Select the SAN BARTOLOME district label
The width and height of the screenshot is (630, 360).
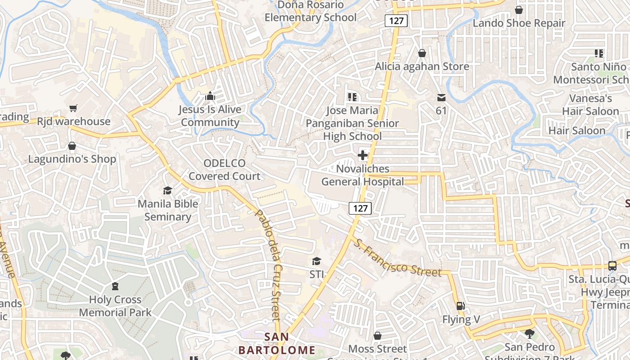277,343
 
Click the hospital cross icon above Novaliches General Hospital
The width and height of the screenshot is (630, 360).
362,156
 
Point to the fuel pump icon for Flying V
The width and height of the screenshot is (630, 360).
461,306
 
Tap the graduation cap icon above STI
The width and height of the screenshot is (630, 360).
317,261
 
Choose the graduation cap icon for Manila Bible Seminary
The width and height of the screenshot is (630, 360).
168,190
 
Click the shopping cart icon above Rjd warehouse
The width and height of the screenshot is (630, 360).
73,108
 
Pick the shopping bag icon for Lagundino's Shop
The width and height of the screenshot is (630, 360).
72,146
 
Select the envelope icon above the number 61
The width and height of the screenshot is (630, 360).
441,97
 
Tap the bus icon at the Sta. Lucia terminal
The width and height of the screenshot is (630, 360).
612,265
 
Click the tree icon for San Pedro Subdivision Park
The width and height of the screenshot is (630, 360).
529,333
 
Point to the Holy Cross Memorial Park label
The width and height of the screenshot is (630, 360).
116,306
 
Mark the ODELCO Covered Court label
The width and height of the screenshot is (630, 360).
224,170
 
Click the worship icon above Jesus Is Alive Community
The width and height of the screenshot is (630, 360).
210,96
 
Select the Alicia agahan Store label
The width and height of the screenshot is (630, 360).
422,67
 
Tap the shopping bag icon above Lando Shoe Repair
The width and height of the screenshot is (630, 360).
519,10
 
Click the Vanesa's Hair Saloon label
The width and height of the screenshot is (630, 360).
590,105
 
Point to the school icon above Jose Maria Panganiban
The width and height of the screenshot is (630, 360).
352,97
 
